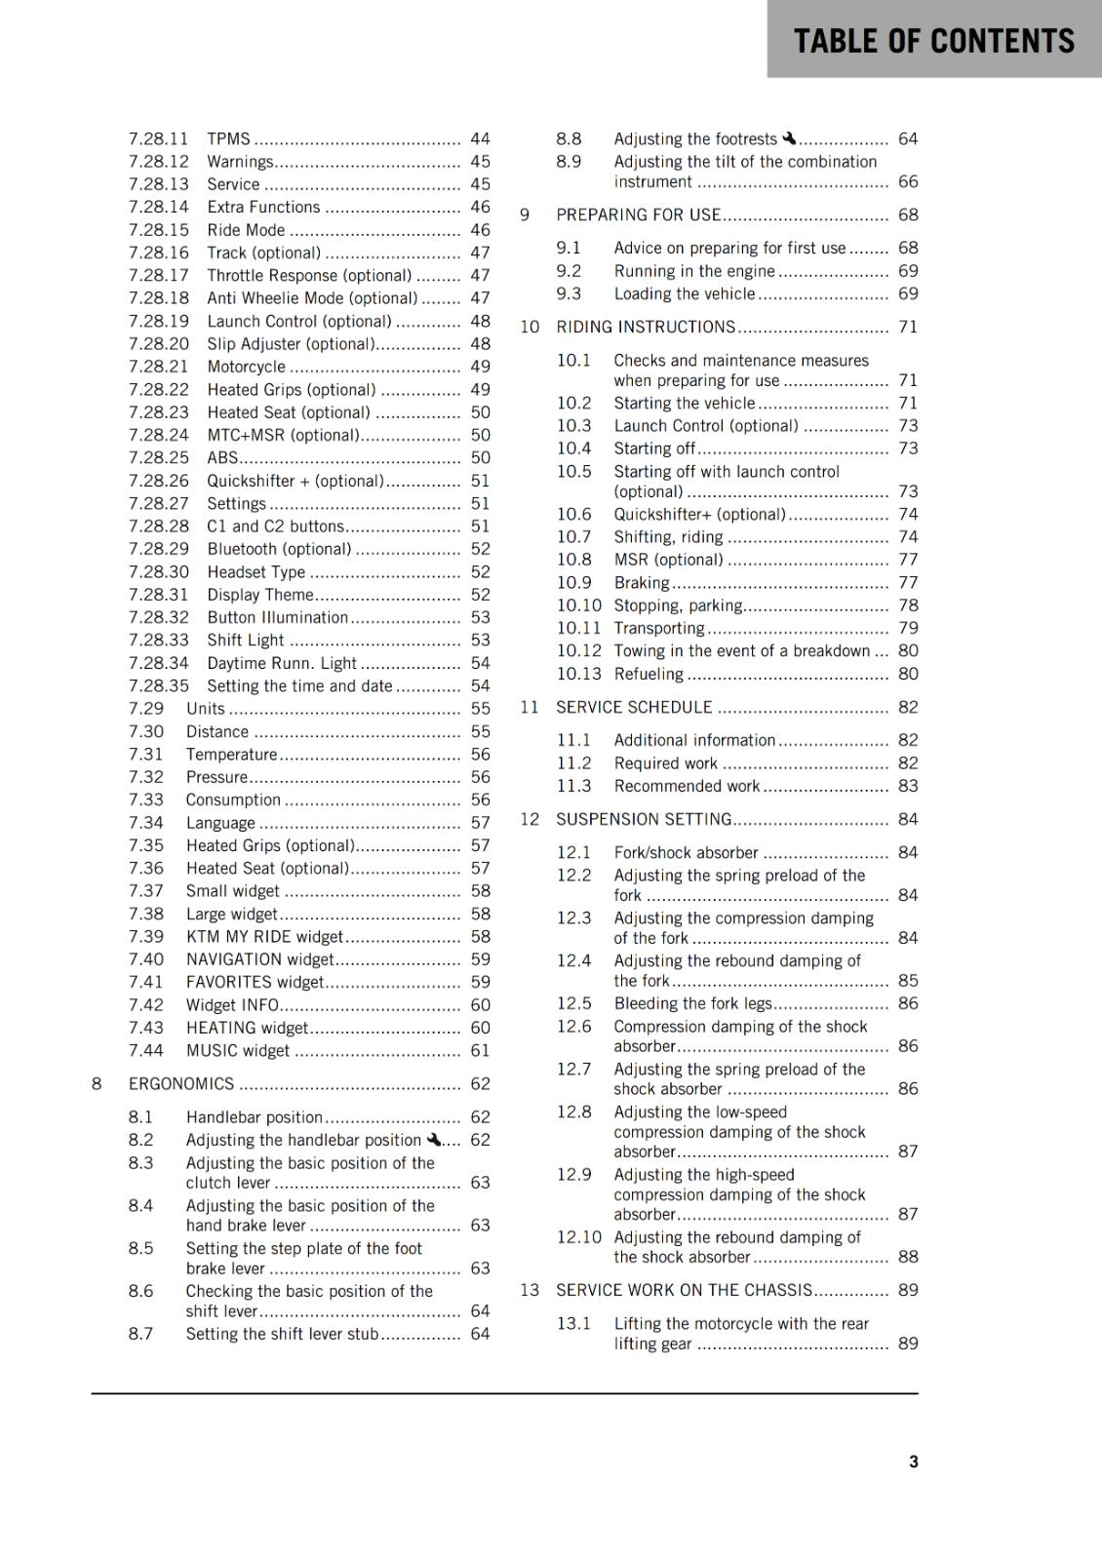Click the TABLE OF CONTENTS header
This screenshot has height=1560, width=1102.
[933, 41]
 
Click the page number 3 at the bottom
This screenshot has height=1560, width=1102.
[913, 1462]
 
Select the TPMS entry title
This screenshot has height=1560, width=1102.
[228, 139]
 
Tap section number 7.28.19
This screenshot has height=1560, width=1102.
[159, 322]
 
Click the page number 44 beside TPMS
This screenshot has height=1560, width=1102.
[480, 139]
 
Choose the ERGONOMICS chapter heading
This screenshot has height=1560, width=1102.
[181, 1084]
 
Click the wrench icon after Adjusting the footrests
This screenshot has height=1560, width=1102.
[789, 138]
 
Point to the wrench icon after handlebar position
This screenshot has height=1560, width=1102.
[434, 1139]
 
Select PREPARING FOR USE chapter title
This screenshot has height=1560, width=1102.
[638, 215]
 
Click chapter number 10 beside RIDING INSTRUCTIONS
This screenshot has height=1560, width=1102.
[530, 328]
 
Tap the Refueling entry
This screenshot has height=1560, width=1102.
[649, 675]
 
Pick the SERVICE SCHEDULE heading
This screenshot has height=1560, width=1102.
[634, 708]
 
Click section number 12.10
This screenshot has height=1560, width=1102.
[579, 1237]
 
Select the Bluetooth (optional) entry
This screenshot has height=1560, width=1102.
[279, 550]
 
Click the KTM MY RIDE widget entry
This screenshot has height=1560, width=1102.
[264, 937]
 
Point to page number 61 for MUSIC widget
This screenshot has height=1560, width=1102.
[480, 1051]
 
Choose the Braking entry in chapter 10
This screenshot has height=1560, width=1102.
[642, 583]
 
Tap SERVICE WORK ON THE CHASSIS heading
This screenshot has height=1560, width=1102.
[684, 1291]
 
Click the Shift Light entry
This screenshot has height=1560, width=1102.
[246, 641]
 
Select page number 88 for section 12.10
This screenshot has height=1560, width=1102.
[908, 1258]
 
